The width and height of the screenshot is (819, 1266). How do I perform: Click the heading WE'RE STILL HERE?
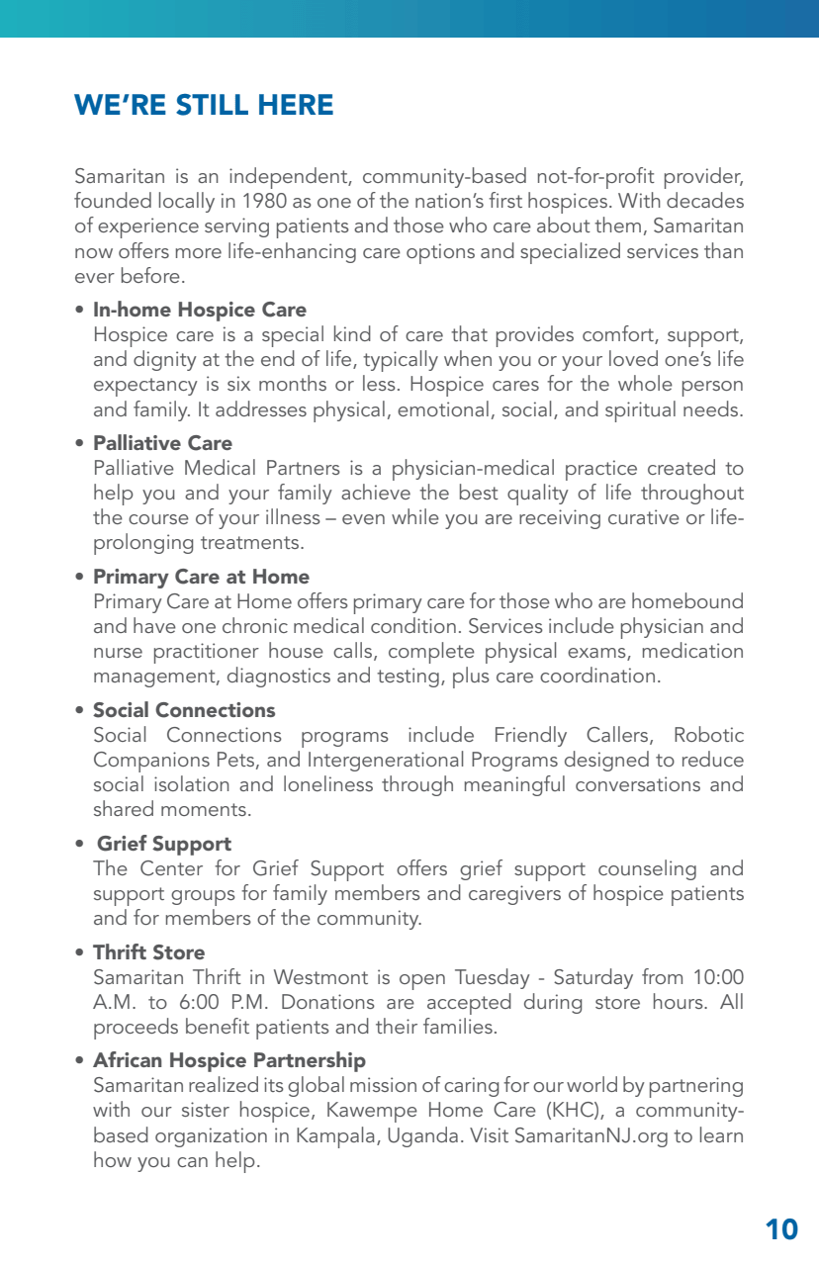coord(204,105)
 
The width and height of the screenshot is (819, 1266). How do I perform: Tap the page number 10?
coord(781,1229)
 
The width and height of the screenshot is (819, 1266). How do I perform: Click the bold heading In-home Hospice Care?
coord(200,311)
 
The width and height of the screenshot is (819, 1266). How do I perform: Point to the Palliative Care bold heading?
coord(162,443)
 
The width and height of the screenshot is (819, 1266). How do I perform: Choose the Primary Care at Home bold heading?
coord(201,577)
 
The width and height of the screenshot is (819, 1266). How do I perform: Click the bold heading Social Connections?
coord(184,710)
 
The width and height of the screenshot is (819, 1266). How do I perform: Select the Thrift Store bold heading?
coord(148,952)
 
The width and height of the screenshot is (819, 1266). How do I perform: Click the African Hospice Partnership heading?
coord(229,1061)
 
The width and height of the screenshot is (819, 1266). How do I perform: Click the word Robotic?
coord(708,736)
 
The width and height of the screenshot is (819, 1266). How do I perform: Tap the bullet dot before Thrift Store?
coord(79,953)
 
